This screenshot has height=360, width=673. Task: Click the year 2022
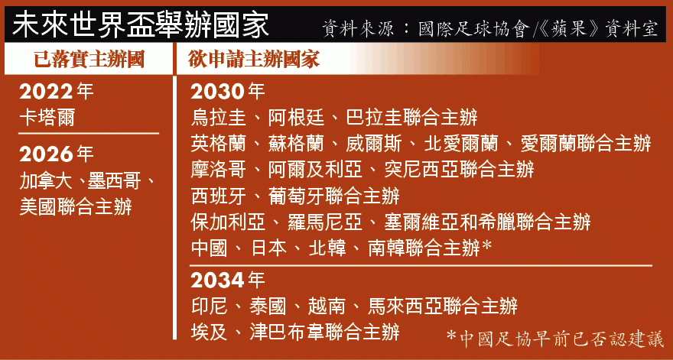pos(47,92)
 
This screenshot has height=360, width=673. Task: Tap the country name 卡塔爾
pos(47,118)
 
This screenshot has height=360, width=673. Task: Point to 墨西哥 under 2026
pos(114,182)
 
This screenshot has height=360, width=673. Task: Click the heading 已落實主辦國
pos(89,60)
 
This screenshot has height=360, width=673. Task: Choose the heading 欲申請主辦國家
pos(254,60)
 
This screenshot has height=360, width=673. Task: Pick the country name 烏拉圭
pos(219,118)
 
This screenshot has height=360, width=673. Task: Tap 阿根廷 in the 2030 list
pos(296,118)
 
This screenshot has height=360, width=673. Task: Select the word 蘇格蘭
pos(296,144)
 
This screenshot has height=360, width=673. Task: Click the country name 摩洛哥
pos(219,170)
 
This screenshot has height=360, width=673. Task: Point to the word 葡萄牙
pos(296,196)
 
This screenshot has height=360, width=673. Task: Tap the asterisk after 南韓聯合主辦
pos(486,247)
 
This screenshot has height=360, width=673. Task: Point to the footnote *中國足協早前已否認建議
pos(555,339)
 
